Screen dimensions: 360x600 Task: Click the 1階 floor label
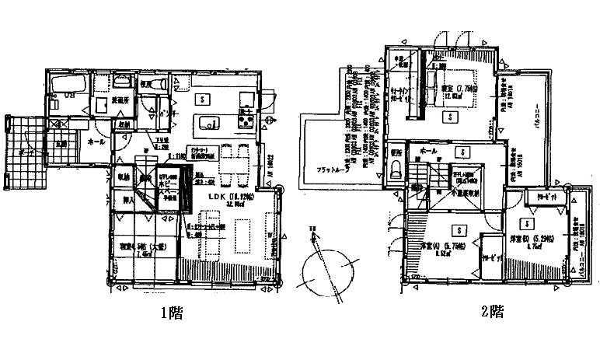pyautogui.click(x=173, y=315)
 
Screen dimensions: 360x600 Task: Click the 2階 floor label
pyautogui.click(x=491, y=313)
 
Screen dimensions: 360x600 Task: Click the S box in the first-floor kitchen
pyautogui.click(x=202, y=99)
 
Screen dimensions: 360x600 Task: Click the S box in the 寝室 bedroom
pyautogui.click(x=448, y=117)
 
